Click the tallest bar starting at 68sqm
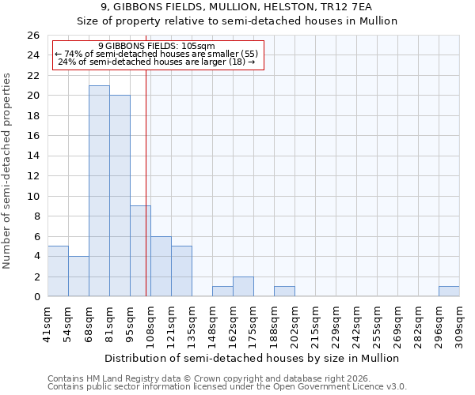tap(99, 191)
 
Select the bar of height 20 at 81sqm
tap(120, 196)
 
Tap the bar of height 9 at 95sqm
tap(140, 251)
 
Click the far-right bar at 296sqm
tap(449, 292)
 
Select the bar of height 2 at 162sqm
tap(243, 287)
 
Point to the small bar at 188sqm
tap(284, 292)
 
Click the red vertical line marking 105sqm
tap(146, 182)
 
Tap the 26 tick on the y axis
tap(33, 36)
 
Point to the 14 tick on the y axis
tap(33, 156)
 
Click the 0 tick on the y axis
tap(36, 297)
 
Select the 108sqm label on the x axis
tap(150, 324)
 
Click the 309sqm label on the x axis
tap(459, 324)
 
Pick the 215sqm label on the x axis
tap(315, 324)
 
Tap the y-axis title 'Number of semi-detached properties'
tap(8, 171)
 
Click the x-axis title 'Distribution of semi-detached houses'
tap(253, 358)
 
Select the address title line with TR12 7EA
tap(237, 6)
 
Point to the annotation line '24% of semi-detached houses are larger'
tap(157, 62)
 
